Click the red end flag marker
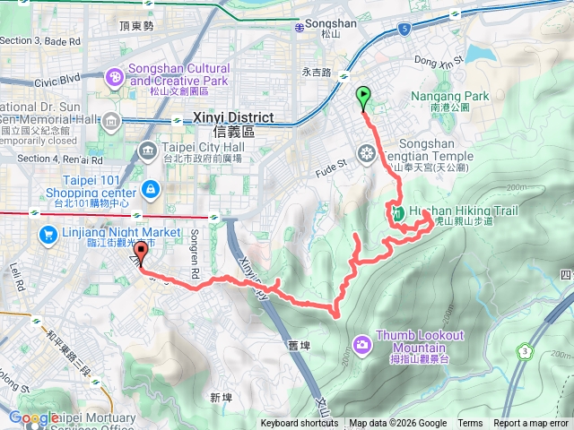pyautogui.click(x=140, y=253)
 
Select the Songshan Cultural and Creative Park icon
pyautogui.click(x=115, y=79)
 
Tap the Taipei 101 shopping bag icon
pyautogui.click(x=150, y=189)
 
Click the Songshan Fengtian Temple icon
pyautogui.click(x=365, y=153)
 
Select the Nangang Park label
pyautogui.click(x=437, y=96)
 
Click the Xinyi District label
pyautogui.click(x=223, y=117)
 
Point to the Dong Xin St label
pyautogui.click(x=439, y=60)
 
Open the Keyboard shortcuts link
pyautogui.click(x=300, y=424)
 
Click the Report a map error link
pyautogui.click(x=533, y=424)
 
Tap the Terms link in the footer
pyautogui.click(x=470, y=424)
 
